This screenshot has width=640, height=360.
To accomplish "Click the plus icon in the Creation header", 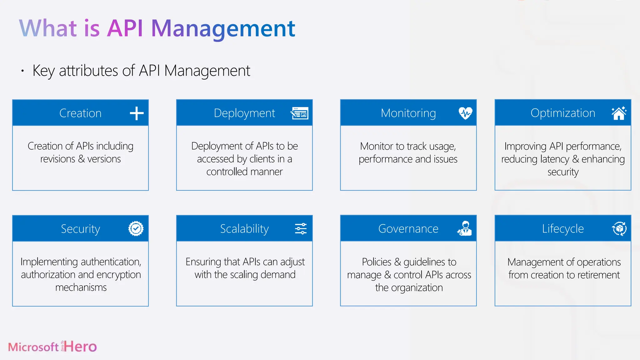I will pos(137,113).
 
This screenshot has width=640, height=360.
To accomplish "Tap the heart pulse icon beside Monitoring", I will pos(465,113).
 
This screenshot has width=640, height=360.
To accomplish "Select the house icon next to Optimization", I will pos(619,113).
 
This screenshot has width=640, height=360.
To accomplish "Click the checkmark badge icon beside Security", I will pos(136,229).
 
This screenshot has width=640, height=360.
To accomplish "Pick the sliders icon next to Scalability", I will pos(301,229).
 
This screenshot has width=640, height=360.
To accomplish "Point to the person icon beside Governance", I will pos(465,228).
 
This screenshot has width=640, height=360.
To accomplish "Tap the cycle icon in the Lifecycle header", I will pos(619,229).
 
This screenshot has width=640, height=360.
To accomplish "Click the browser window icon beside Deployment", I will pos(300,113).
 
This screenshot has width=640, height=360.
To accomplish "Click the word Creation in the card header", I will pos(80,113).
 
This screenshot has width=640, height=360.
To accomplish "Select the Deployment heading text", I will pos(244,113).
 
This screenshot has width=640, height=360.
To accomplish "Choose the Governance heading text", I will pos(408,229).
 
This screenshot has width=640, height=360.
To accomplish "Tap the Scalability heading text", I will pos(244,229).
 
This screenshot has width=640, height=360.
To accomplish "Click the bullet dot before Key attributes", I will pos(22,71).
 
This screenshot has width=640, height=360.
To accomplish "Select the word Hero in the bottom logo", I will pos(81,347).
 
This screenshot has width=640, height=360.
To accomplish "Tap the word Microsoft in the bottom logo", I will pos(33,347).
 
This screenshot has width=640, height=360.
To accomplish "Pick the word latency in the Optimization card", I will pos(555,159).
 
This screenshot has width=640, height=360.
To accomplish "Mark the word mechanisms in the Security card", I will pos(81,287).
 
